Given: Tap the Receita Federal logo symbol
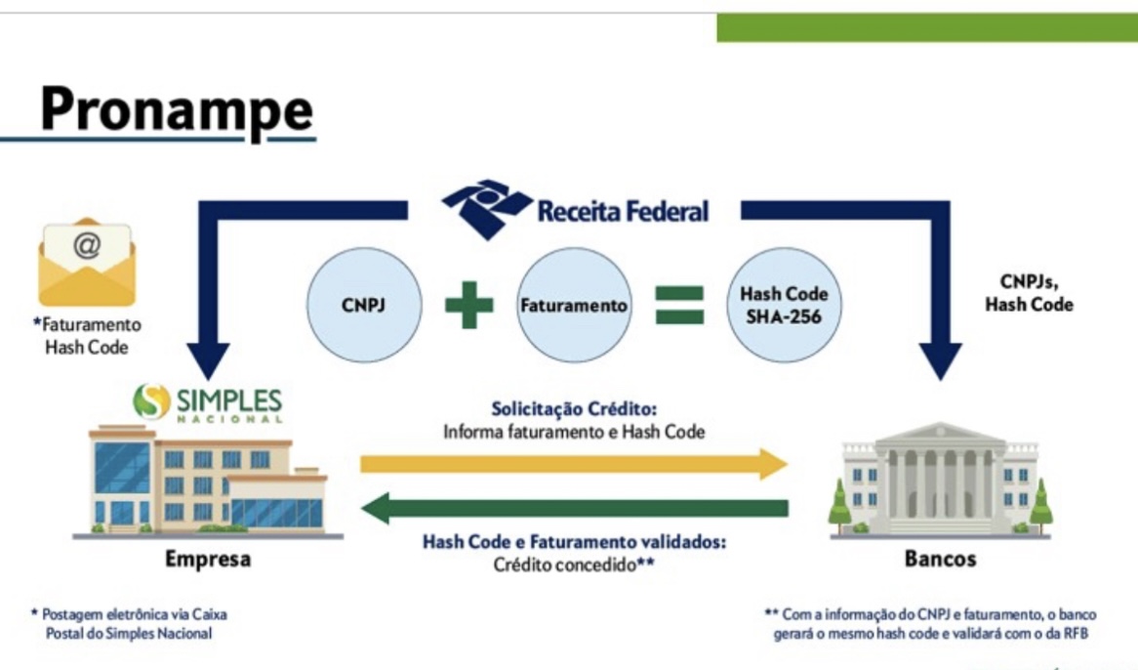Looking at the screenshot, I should point(487,207).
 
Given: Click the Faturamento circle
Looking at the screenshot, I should point(574,304).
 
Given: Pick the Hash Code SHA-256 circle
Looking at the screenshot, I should point(783,304).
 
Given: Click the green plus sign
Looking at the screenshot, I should point(469,304).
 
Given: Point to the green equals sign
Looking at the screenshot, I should point(678,304).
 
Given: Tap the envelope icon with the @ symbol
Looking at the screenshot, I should point(87,262).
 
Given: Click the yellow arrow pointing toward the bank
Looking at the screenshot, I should point(573,464).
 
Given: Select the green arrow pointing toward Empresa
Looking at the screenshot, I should point(573,508).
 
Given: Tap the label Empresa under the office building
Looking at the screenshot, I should point(207,560).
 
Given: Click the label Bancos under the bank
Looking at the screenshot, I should point(939,560).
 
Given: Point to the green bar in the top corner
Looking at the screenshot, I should point(927,28).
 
